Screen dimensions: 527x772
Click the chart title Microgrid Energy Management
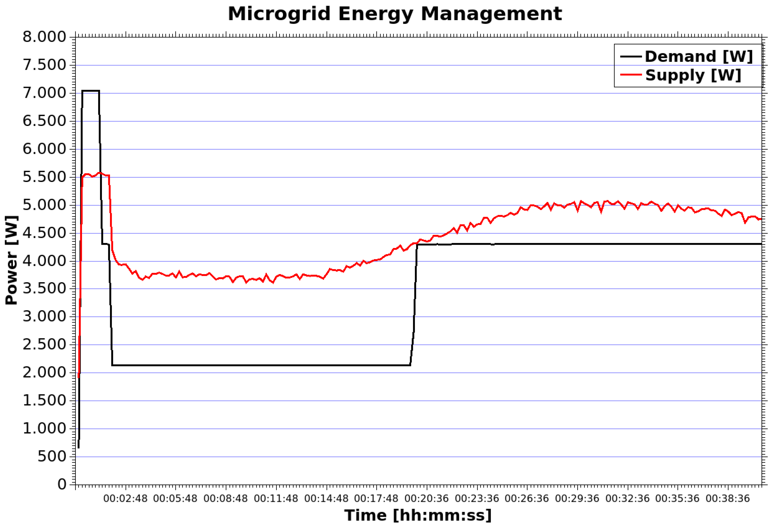pos(395,14)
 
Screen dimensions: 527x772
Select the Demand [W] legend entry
pos(699,57)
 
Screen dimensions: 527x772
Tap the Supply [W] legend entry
pos(693,75)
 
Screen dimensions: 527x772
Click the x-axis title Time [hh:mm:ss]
pos(418,515)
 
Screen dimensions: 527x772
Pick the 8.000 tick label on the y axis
pos(45,37)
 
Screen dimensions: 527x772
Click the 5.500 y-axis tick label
pos(45,177)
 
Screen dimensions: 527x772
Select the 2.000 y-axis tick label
pos(45,372)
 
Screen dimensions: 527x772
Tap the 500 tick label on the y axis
pos(52,457)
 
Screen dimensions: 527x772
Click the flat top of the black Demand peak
pos(90,91)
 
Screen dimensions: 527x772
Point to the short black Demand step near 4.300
pos(105,244)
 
